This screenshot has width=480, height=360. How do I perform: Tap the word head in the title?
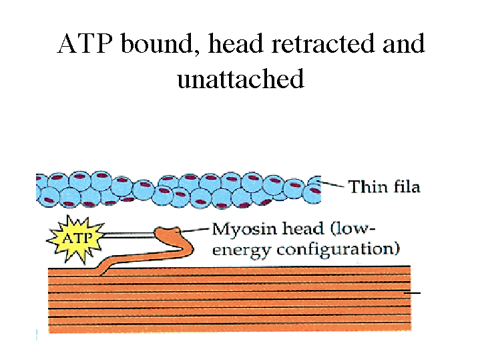[x=233, y=45]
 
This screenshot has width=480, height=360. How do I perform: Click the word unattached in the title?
[x=240, y=79]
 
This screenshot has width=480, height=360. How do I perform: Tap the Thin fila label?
[x=384, y=186]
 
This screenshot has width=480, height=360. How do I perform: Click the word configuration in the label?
[x=338, y=250]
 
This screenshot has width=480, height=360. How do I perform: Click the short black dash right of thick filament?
[x=414, y=293]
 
